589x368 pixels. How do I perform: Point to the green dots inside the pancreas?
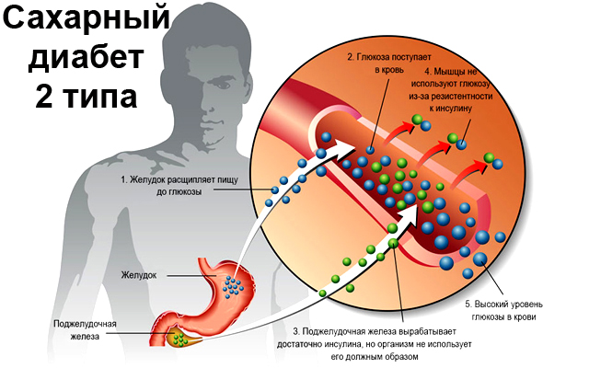(181, 339)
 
